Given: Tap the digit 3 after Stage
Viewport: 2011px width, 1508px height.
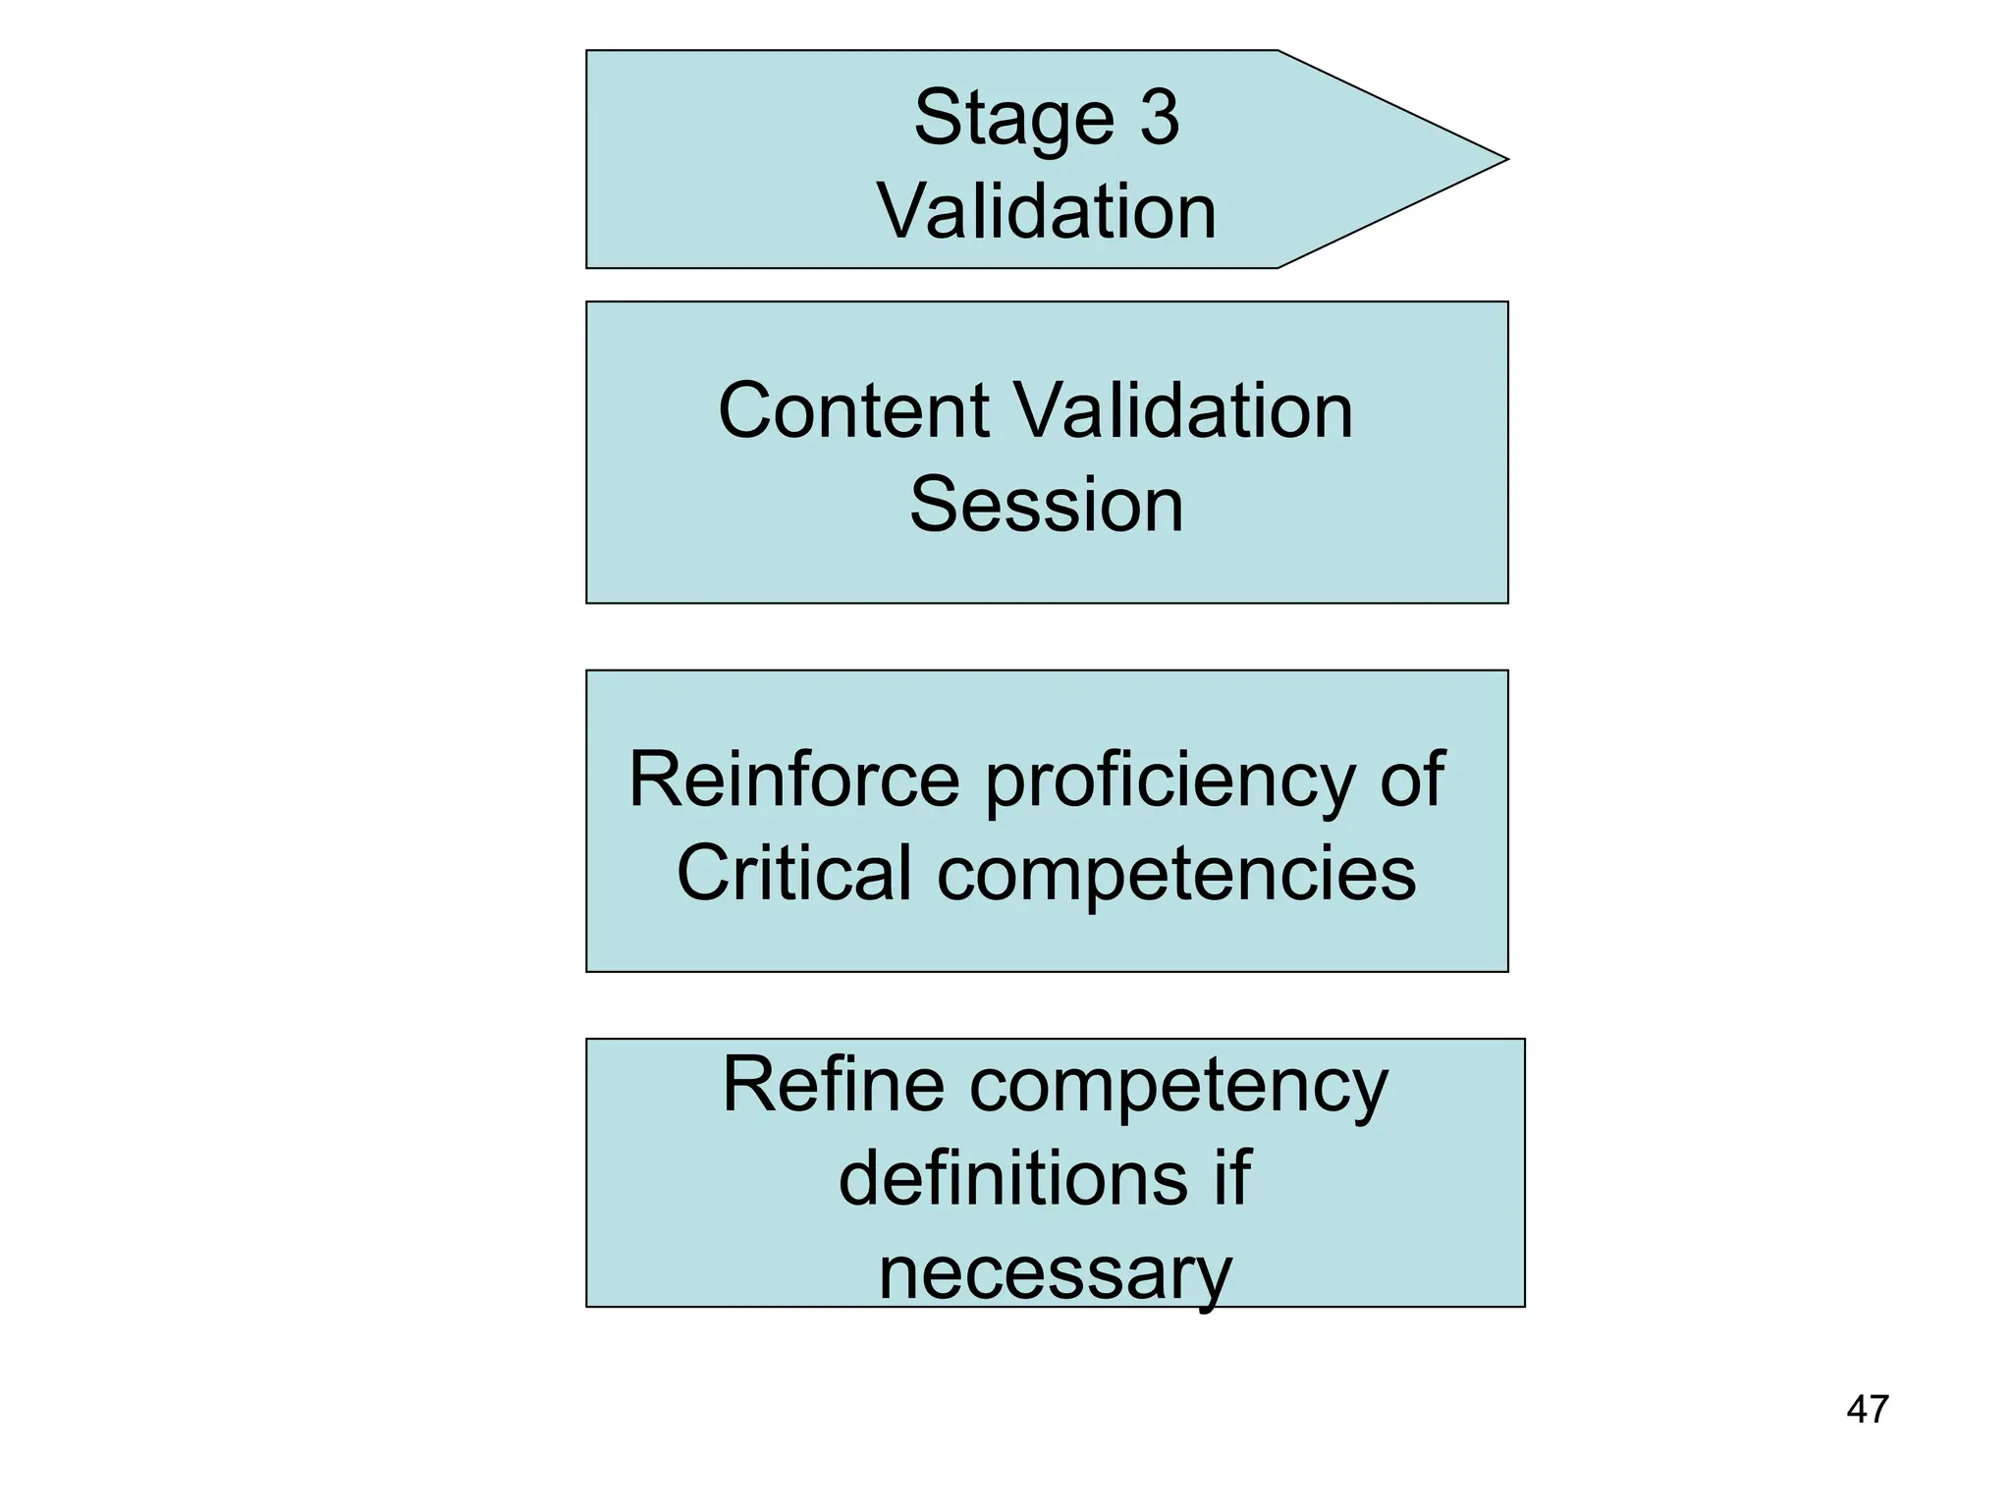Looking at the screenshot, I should coord(1160,118).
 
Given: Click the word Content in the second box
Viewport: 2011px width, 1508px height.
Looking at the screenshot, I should coord(853,410).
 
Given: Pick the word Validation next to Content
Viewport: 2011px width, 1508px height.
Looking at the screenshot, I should coord(1183,410).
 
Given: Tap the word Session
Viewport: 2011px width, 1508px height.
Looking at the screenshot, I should coord(1047,505).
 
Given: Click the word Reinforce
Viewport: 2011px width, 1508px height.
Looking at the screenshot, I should coord(793,780).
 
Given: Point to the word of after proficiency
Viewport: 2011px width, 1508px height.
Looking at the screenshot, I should coord(1412,780).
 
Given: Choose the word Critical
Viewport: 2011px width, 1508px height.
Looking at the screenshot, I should coord(794,873).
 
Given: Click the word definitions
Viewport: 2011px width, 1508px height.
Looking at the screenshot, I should coord(1012,1178).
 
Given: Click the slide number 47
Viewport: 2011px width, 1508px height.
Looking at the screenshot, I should coord(1867,1410).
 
